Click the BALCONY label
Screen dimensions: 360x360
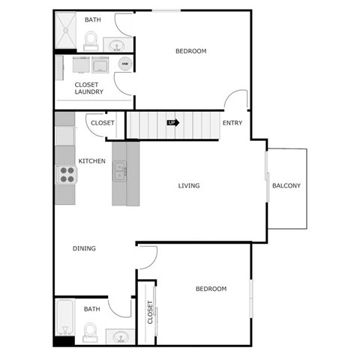286,186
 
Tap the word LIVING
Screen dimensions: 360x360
189,186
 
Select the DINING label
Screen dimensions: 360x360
84,249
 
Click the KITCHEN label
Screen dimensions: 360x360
91,161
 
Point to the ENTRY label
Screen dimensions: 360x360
232,123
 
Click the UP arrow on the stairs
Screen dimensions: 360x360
172,122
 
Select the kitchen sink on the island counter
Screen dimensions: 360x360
120,172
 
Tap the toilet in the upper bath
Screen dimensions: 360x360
92,42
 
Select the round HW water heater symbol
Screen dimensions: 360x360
124,64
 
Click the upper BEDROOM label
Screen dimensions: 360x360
190,51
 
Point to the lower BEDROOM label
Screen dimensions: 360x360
211,289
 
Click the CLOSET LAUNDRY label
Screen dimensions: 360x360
88,88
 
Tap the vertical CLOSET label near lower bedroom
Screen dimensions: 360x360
150,311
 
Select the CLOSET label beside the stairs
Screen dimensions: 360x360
102,123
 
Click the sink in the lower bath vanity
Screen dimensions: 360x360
120,337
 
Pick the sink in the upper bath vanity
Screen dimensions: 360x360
117,46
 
